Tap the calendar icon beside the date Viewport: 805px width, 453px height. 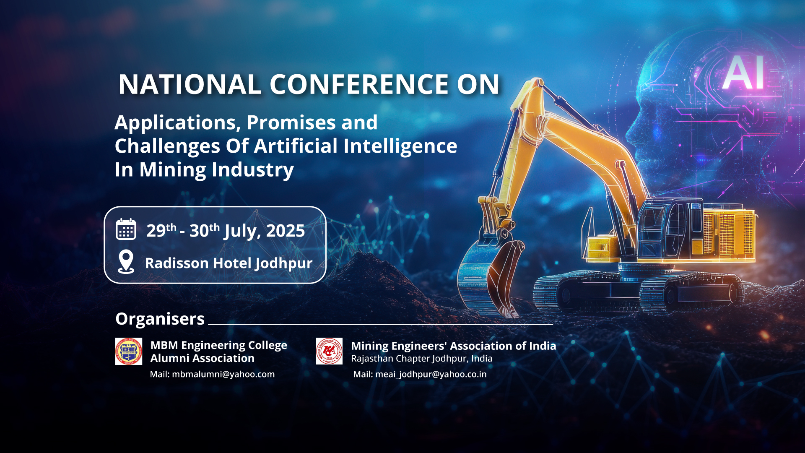[x=126, y=229]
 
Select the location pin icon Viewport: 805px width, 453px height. [x=126, y=262]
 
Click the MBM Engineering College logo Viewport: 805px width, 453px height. [x=129, y=351]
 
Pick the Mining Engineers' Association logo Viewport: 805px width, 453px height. [x=329, y=351]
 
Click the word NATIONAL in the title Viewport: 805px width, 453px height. [x=190, y=84]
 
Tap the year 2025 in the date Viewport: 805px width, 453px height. [x=286, y=231]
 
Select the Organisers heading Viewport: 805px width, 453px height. [x=160, y=319]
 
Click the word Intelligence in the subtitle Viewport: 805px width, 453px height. [x=400, y=146]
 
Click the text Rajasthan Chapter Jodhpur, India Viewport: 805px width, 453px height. [x=422, y=359]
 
